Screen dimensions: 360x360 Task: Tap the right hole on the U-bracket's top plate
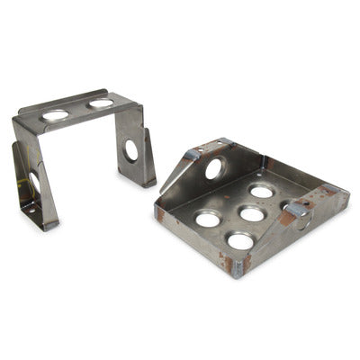tap(101, 103)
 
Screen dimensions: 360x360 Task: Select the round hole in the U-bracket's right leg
tap(131, 150)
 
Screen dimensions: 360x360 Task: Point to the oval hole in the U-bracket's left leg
tap(33, 183)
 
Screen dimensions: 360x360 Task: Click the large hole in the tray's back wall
tap(215, 168)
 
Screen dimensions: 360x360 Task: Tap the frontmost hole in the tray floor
tap(240, 240)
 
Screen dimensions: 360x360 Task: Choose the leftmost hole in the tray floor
tap(208, 219)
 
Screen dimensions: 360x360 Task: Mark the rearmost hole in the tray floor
tap(262, 191)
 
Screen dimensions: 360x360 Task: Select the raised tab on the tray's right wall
tap(296, 208)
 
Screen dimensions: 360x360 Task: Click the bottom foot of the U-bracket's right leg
tap(146, 183)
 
